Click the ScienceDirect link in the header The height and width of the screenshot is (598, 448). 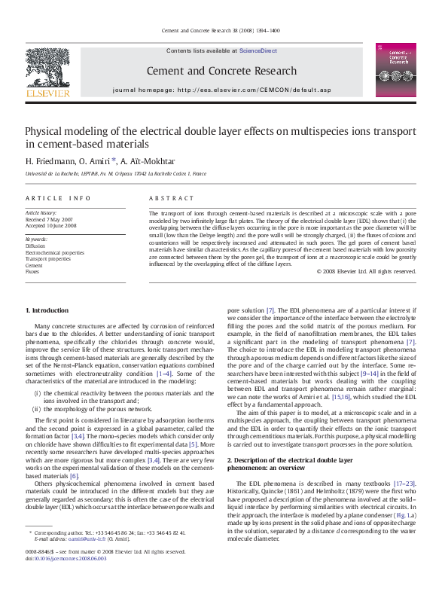tap(258, 51)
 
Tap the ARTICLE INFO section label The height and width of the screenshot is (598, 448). tap(58, 198)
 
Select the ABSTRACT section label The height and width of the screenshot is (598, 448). tap(172, 198)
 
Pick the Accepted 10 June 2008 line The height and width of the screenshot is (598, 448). tap(51, 225)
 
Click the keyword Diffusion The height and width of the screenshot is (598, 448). tap(35, 246)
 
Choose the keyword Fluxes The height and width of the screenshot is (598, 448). tap(33, 271)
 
